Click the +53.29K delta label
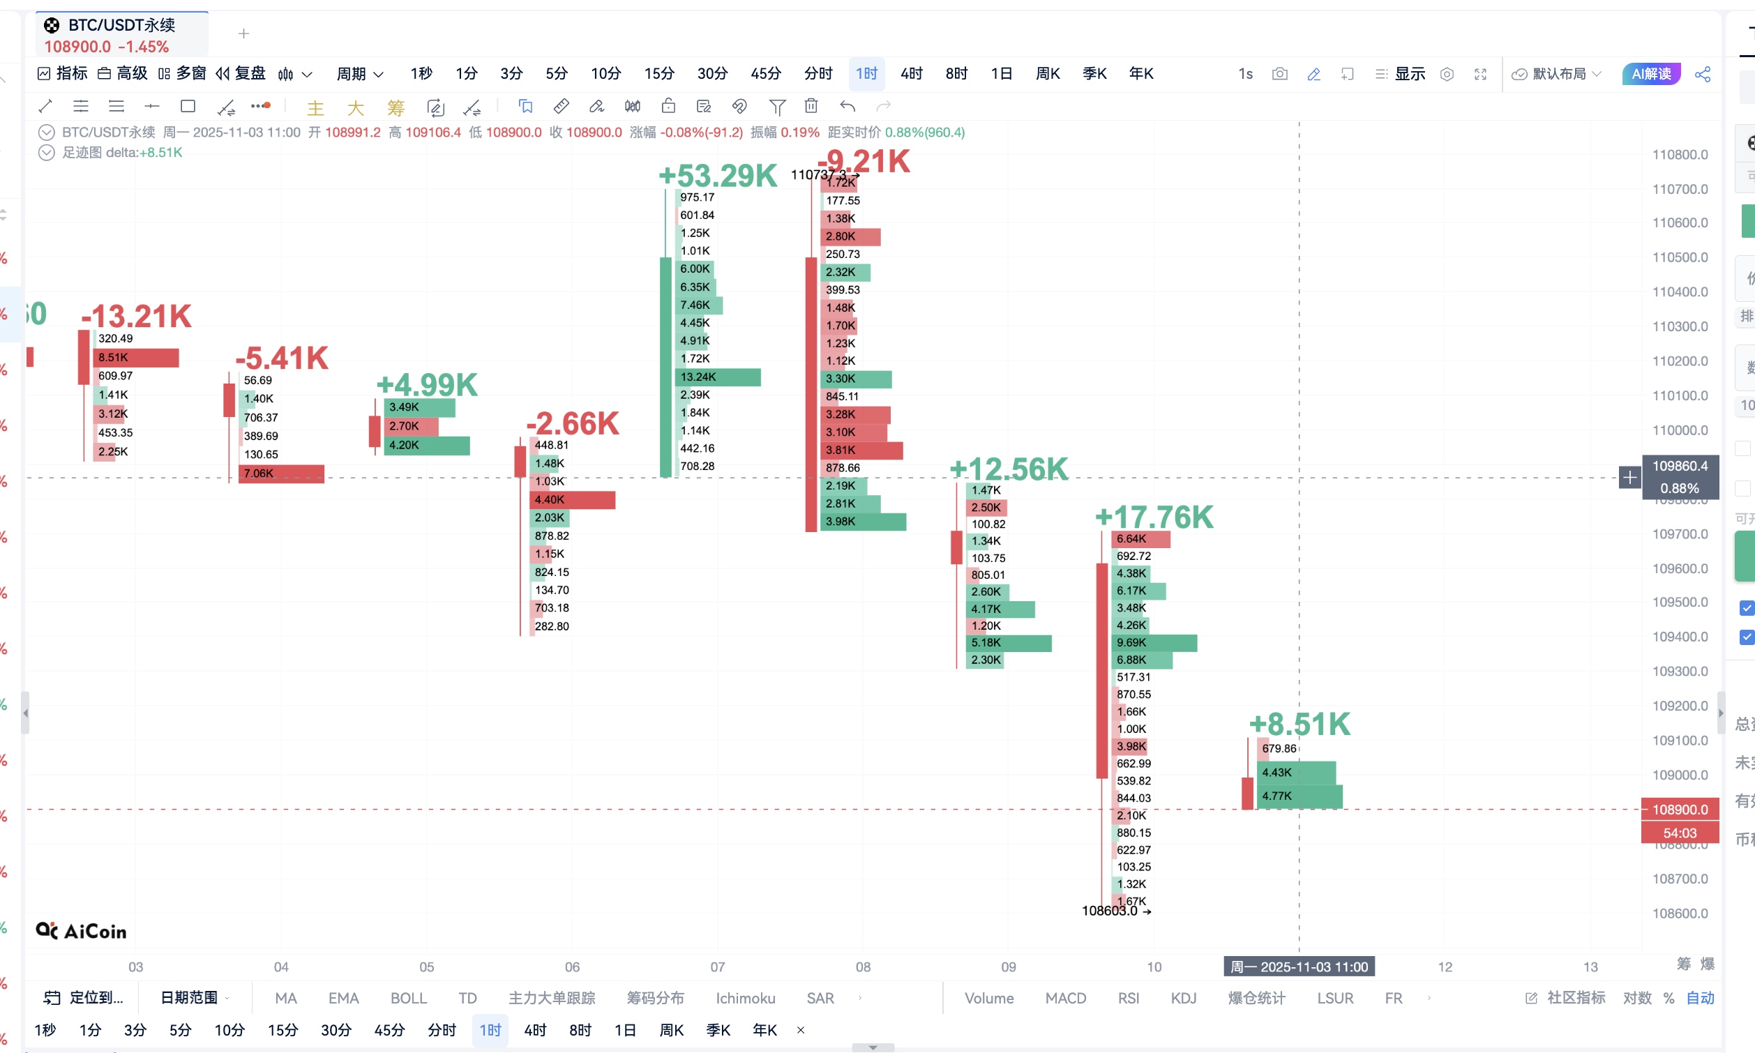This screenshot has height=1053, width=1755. pyautogui.click(x=718, y=175)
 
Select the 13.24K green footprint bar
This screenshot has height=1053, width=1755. pyautogui.click(x=718, y=377)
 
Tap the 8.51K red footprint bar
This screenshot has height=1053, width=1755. pyautogui.click(x=135, y=357)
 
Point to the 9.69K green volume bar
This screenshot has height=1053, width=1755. pyautogui.click(x=1154, y=643)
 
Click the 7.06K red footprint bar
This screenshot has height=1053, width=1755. pyautogui.click(x=281, y=474)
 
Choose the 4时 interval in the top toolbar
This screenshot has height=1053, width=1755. pyautogui.click(x=911, y=74)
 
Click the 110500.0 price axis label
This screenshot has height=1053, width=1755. pyautogui.click(x=1679, y=257)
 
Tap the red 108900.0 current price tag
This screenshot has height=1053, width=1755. pyautogui.click(x=1679, y=810)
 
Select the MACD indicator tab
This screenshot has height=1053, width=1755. pyautogui.click(x=1065, y=999)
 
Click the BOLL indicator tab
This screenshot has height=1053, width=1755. pyautogui.click(x=409, y=999)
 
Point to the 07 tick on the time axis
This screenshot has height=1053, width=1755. pyautogui.click(x=718, y=967)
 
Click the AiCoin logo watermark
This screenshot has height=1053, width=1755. pyautogui.click(x=82, y=931)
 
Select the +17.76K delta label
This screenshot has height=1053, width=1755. pyautogui.click(x=1154, y=517)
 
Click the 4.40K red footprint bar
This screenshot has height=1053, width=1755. pyautogui.click(x=572, y=499)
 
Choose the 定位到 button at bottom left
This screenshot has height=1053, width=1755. pyautogui.click(x=84, y=999)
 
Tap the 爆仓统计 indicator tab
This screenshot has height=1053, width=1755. pyautogui.click(x=1256, y=999)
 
